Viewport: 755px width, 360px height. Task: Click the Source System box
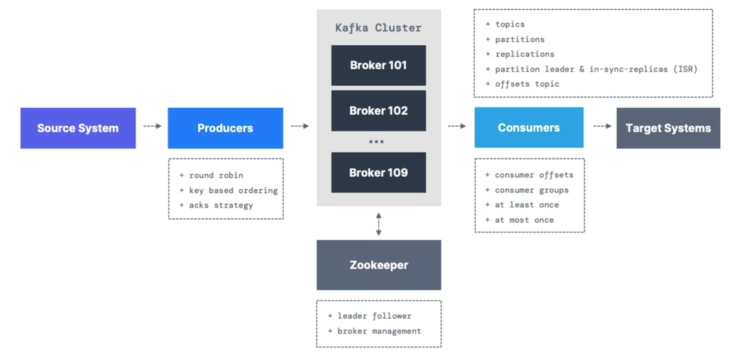[x=78, y=128]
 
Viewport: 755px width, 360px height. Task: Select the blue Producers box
[x=225, y=128]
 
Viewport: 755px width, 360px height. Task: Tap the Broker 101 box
[x=378, y=65]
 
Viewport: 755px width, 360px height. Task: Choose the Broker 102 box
[x=378, y=111]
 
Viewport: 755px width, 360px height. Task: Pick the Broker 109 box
[x=378, y=172]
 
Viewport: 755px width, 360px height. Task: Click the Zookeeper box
[x=378, y=265]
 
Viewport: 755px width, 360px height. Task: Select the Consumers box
[x=528, y=128]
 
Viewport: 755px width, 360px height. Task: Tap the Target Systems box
[x=668, y=128]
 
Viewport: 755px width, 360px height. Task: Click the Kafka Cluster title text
[x=378, y=28]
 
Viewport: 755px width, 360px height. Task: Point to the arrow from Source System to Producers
[x=152, y=127]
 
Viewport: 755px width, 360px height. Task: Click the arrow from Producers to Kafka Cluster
[x=299, y=127]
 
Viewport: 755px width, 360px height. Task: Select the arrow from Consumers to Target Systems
[x=602, y=127]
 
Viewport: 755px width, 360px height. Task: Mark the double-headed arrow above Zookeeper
[x=378, y=224]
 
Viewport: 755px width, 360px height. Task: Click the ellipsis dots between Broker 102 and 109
[x=376, y=142]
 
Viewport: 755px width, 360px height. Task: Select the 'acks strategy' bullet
[x=221, y=205]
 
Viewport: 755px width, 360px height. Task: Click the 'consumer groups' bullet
[x=531, y=190]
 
